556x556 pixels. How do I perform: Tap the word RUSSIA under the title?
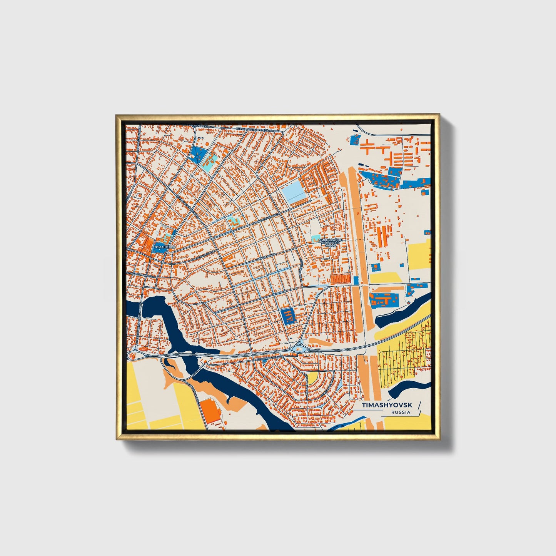pos(401,412)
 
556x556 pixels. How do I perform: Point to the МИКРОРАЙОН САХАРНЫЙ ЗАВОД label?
pos(330,242)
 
